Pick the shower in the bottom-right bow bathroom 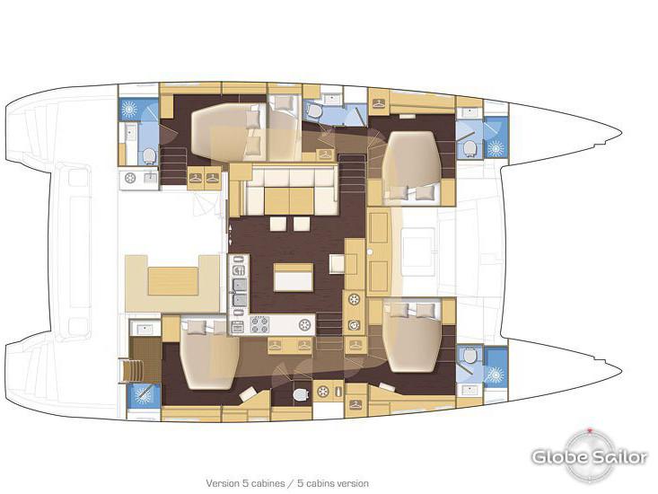click(x=495, y=366)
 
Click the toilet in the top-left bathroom click(x=150, y=156)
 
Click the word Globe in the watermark click(x=558, y=457)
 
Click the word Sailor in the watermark click(x=618, y=457)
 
